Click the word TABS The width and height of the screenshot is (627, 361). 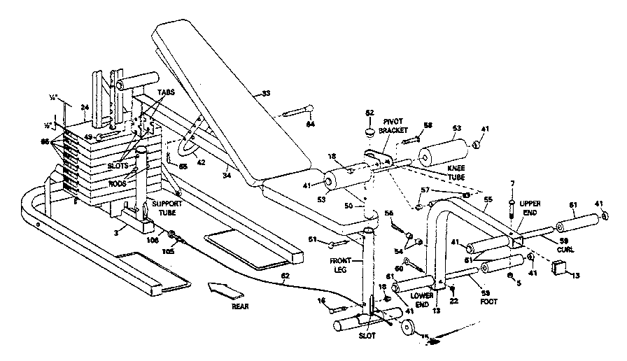[166, 92]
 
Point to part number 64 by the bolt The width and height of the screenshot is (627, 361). [311, 124]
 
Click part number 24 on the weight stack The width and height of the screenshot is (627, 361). [84, 107]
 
